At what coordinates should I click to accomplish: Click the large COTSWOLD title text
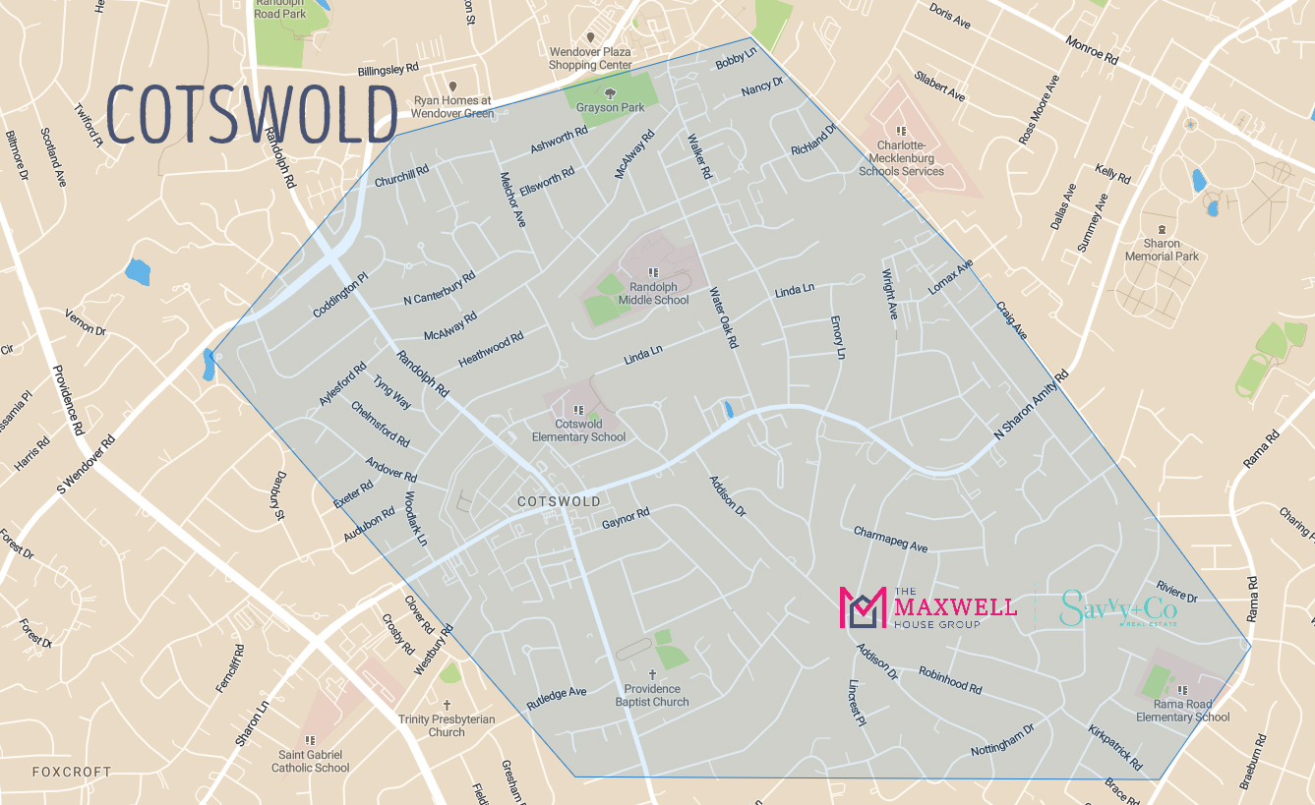tap(251, 114)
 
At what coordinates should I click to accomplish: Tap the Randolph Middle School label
tap(653, 293)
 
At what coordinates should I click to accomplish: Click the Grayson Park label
tap(611, 107)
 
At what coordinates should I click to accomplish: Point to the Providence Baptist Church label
tap(651, 695)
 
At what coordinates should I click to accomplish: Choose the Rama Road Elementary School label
tap(1182, 711)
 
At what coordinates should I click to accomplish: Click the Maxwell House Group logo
tap(927, 608)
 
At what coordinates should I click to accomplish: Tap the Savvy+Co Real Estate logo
tap(1118, 609)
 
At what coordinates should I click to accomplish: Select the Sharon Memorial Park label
tap(1162, 250)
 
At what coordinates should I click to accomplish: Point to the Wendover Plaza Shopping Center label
tap(590, 58)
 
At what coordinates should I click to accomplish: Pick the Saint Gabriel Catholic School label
tap(311, 761)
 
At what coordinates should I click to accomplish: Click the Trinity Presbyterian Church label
tap(447, 725)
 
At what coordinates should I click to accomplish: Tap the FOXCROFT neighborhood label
tap(72, 772)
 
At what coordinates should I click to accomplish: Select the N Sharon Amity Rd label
tap(1031, 404)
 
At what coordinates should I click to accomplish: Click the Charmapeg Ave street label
tap(890, 539)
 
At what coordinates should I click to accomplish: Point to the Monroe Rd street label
tap(1092, 49)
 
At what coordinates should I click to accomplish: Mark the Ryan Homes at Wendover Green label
tap(453, 106)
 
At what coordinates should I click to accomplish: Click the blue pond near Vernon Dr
tap(138, 272)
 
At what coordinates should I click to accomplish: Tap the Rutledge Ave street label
tap(556, 698)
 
